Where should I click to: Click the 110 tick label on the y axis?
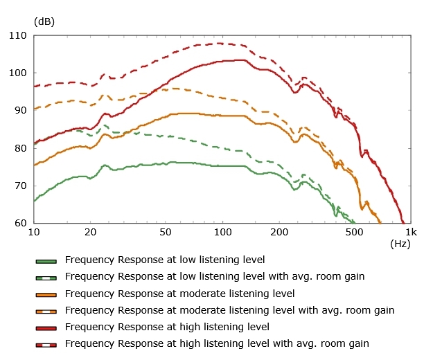pos(19,35)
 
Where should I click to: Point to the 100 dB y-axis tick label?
pos(19,73)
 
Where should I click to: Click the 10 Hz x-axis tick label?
pos(34,231)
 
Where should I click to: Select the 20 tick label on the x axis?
pos(91,231)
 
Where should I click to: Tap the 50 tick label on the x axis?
pos(166,231)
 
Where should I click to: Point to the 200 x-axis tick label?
pos(279,231)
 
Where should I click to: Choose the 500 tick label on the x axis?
pos(354,231)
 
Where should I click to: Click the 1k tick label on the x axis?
pos(410,231)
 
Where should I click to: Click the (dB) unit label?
pos(44,21)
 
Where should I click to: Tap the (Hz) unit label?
pos(400,244)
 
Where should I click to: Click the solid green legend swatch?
pos(46,261)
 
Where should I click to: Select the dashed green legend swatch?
pos(46,278)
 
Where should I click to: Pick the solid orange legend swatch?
pos(46,294)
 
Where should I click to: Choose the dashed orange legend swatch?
pos(46,311)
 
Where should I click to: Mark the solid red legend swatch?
pos(46,327)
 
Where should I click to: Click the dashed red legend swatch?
pos(46,344)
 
